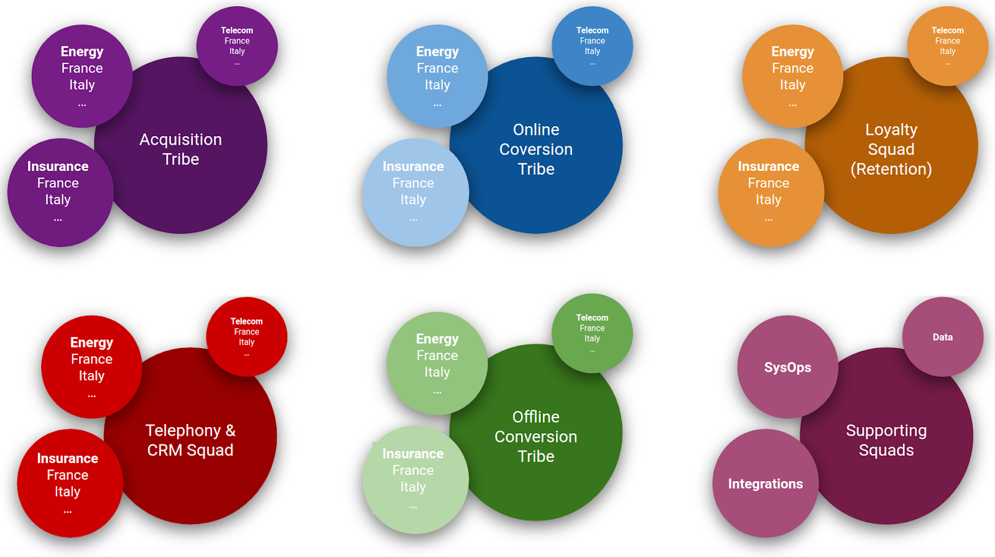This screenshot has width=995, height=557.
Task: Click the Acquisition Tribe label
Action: click(180, 149)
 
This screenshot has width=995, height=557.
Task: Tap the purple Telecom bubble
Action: click(237, 45)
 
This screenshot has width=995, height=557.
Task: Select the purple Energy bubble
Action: click(82, 76)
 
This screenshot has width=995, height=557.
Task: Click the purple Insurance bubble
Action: click(58, 191)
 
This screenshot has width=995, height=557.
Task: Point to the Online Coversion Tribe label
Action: click(536, 149)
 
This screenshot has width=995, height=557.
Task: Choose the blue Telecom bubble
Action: click(592, 45)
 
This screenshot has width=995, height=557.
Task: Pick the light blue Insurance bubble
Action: click(414, 191)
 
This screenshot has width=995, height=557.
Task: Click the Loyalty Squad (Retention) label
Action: click(891, 149)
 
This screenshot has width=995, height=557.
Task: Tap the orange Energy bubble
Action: click(792, 76)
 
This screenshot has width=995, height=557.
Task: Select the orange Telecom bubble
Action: click(947, 45)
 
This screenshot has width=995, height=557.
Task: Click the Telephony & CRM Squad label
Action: click(190, 440)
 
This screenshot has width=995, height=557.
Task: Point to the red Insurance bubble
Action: click(68, 482)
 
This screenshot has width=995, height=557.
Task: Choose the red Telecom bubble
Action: click(247, 336)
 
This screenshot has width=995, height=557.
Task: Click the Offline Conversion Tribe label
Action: click(536, 436)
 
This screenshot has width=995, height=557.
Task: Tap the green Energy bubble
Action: click(437, 363)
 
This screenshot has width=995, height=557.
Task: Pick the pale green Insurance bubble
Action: click(414, 479)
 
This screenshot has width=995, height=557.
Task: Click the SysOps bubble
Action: click(787, 367)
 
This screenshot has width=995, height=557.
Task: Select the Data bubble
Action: click(943, 337)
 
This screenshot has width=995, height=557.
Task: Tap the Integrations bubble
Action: click(766, 484)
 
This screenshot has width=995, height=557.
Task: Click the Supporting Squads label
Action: click(886, 440)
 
